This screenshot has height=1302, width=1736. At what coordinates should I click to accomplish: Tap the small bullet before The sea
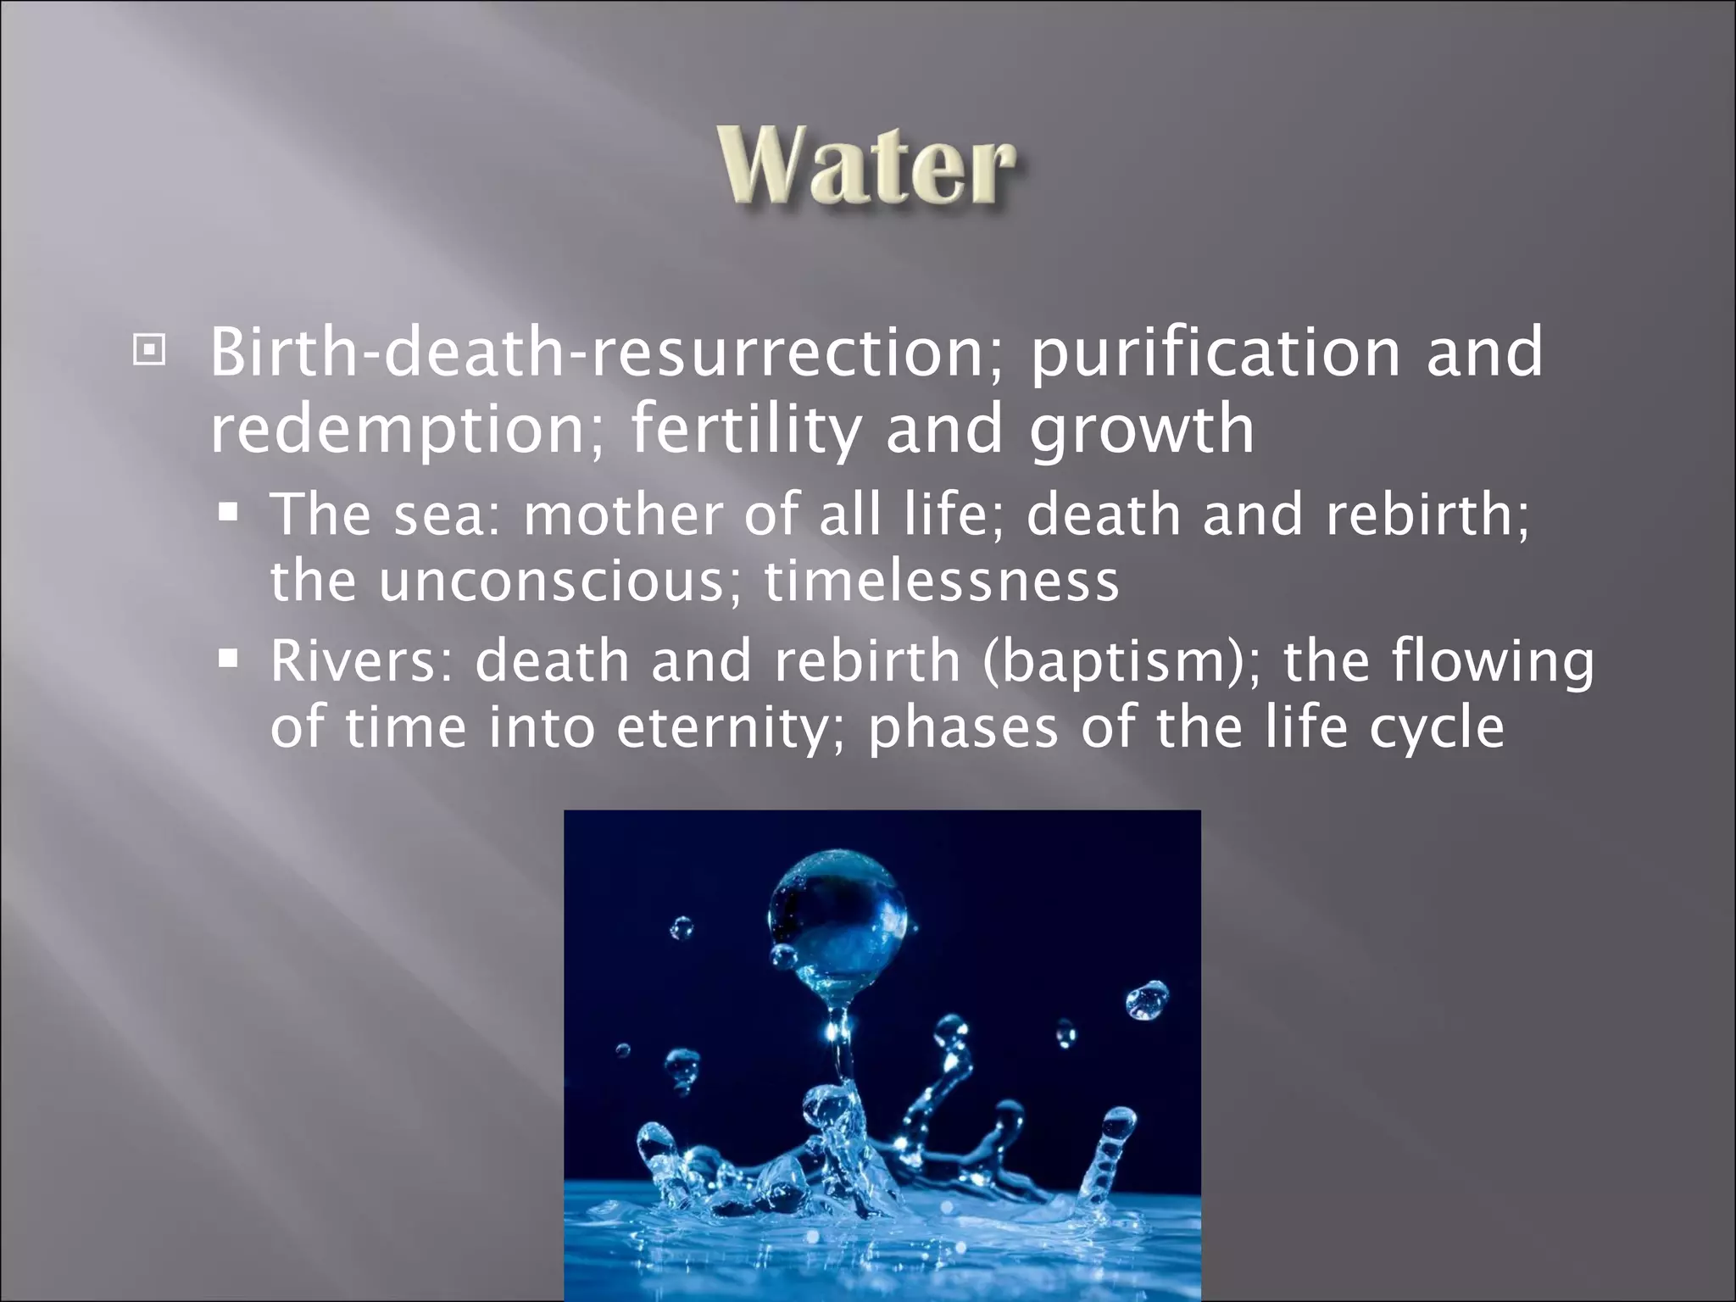pyautogui.click(x=228, y=512)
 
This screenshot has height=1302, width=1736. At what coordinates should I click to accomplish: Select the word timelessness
pyautogui.click(x=941, y=581)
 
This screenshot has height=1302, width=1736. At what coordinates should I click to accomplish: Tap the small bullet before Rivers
pyautogui.click(x=228, y=658)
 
